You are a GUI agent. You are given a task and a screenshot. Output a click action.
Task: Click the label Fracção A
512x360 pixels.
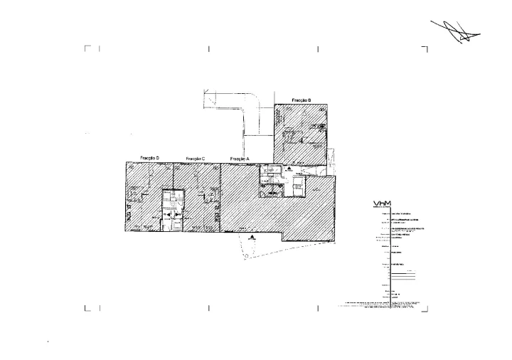(240, 158)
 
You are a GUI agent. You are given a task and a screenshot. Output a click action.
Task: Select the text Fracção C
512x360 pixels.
(195, 158)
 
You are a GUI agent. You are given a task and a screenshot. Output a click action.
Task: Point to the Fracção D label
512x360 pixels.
(149, 158)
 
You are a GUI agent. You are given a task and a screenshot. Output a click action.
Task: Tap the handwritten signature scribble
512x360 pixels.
(456, 28)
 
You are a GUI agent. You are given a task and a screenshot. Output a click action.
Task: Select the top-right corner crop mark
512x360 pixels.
(425, 48)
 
